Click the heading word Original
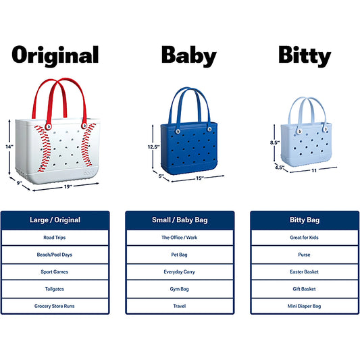[x=55, y=55]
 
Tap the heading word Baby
[x=188, y=55]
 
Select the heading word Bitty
[x=304, y=55]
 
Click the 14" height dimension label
[x=9, y=147]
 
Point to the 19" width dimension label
[x=68, y=186]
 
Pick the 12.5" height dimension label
[x=153, y=147]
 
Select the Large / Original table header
[x=55, y=220]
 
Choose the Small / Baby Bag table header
[x=180, y=220]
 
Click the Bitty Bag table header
[x=304, y=220]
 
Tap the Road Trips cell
[x=55, y=238]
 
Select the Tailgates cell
[x=55, y=288]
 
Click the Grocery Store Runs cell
[x=55, y=305]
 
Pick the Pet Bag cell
[x=180, y=255]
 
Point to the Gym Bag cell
[x=180, y=288]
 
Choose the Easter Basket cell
[x=304, y=272]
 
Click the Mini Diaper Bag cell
[x=304, y=305]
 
